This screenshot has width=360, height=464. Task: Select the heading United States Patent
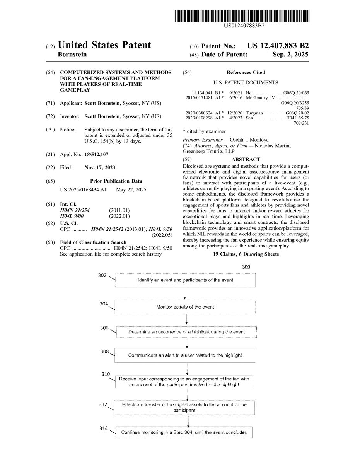point(104,45)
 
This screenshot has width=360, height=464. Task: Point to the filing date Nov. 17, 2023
point(99,167)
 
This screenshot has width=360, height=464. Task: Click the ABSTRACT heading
point(246,159)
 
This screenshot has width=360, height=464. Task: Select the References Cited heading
point(246,72)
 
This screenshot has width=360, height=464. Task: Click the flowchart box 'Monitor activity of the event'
point(185,307)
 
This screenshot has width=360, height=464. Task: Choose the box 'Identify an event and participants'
point(185,280)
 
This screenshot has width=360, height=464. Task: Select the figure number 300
point(246,267)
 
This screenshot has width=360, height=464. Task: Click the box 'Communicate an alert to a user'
point(185,355)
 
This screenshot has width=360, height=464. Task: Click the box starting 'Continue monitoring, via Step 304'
point(185,432)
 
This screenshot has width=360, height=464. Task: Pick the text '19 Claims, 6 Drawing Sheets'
point(246,254)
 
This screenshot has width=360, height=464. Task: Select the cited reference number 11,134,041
point(202,93)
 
